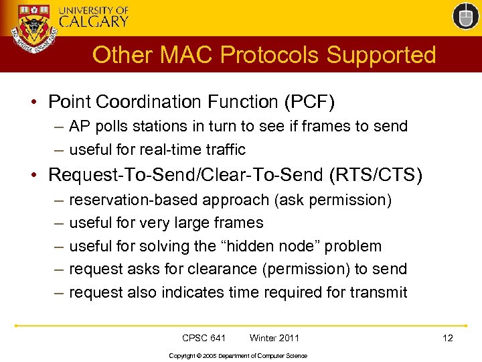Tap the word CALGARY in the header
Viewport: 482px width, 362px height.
94,21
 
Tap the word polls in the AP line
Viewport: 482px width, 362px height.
110,126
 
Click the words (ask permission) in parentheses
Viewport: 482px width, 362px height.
336,200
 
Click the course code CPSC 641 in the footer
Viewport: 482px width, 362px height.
204,338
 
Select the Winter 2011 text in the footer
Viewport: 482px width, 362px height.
274,338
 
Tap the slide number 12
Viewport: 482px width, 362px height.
448,338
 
